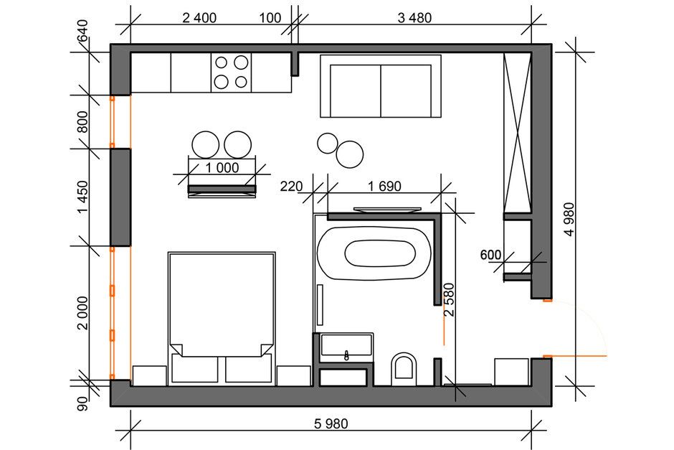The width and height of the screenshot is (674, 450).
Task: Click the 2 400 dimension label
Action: [x=199, y=18]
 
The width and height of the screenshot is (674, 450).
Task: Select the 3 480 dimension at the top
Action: [x=414, y=18]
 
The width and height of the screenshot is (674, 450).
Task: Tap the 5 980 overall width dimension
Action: [x=331, y=423]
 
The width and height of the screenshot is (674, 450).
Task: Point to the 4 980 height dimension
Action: [x=569, y=220]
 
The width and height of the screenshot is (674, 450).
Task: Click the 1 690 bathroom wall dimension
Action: [x=384, y=187]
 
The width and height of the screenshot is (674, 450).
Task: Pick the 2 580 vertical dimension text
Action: [x=449, y=300]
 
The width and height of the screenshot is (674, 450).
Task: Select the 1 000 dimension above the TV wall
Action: [x=222, y=167]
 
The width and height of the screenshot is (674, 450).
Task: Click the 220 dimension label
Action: [x=291, y=187]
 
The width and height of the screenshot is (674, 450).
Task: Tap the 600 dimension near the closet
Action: [x=490, y=255]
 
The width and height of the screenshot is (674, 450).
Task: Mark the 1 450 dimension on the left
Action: [x=82, y=197]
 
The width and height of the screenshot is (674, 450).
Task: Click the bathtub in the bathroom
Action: [x=374, y=254]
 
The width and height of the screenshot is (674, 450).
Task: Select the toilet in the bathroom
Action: [x=404, y=369]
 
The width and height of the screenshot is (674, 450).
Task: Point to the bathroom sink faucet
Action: [x=347, y=355]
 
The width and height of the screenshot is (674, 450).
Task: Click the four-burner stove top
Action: [x=232, y=72]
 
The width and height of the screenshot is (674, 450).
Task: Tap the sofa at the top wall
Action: [x=381, y=86]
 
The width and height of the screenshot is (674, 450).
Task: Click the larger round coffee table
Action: [x=350, y=154]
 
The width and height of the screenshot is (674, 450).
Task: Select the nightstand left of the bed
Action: [x=150, y=376]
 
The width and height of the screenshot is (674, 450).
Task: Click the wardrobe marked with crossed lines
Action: [x=518, y=133]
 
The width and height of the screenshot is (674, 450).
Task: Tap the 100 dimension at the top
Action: [x=270, y=18]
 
